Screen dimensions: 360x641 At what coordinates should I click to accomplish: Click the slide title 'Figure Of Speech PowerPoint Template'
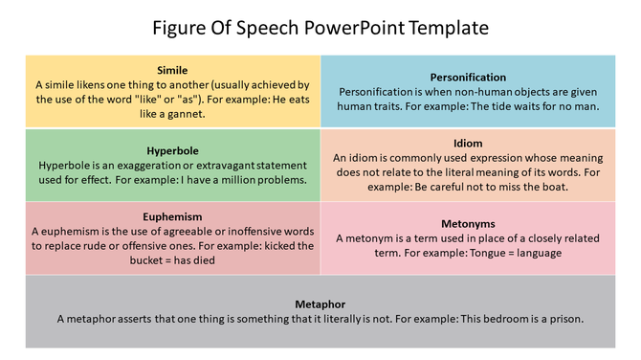pyautogui.click(x=320, y=28)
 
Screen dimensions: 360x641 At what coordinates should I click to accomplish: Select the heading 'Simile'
pyautogui.click(x=172, y=70)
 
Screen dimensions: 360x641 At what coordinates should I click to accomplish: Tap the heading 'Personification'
pyautogui.click(x=469, y=78)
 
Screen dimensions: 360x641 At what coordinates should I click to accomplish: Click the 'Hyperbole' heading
pyautogui.click(x=172, y=150)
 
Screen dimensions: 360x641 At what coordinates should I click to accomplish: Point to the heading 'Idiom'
pyautogui.click(x=468, y=144)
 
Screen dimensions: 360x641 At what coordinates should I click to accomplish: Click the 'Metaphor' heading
pyautogui.click(x=320, y=304)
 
